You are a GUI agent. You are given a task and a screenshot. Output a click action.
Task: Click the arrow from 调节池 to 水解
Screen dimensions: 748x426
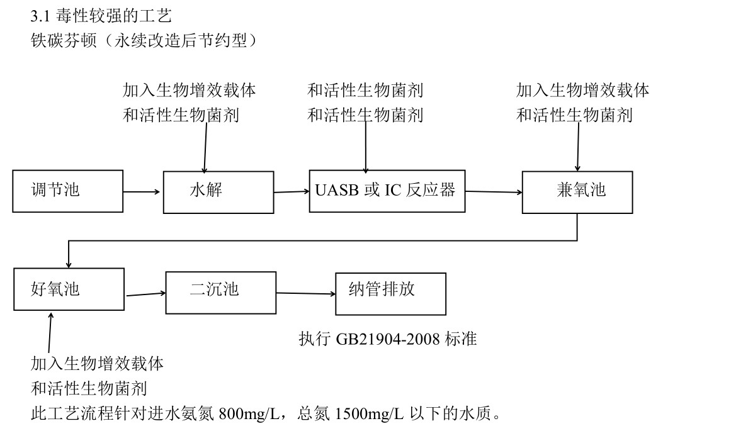[142, 191]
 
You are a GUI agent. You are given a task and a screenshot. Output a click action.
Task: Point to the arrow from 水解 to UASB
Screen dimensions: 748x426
[292, 192]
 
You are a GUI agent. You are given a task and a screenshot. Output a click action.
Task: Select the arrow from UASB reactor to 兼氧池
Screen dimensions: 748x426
[494, 191]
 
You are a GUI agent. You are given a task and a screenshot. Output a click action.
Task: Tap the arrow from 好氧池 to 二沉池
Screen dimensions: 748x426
[145, 294]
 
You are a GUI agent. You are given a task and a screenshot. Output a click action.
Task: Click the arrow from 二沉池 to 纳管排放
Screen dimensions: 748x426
[306, 293]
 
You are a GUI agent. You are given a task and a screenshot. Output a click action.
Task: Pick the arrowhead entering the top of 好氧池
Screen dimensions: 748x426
[69, 264]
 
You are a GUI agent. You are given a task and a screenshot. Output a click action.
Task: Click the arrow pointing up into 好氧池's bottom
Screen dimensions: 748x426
[50, 332]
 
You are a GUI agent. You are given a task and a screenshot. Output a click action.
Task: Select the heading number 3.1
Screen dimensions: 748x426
[40, 17]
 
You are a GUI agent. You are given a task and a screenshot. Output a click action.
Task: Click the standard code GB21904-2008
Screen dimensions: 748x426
[388, 339]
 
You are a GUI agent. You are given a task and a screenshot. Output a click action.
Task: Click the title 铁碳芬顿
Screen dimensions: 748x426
[64, 40]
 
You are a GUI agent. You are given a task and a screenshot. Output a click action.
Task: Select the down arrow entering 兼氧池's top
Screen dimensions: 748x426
[578, 147]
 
